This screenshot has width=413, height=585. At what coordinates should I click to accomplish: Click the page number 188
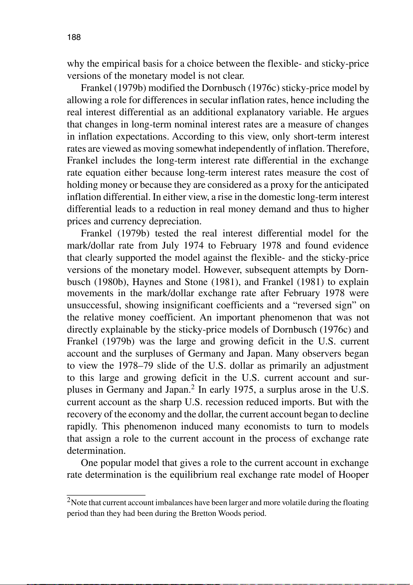[x=74, y=37]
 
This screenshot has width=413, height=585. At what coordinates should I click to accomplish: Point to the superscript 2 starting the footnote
[x=69, y=500]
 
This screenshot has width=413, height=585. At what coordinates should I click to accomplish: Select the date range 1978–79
[x=135, y=366]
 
